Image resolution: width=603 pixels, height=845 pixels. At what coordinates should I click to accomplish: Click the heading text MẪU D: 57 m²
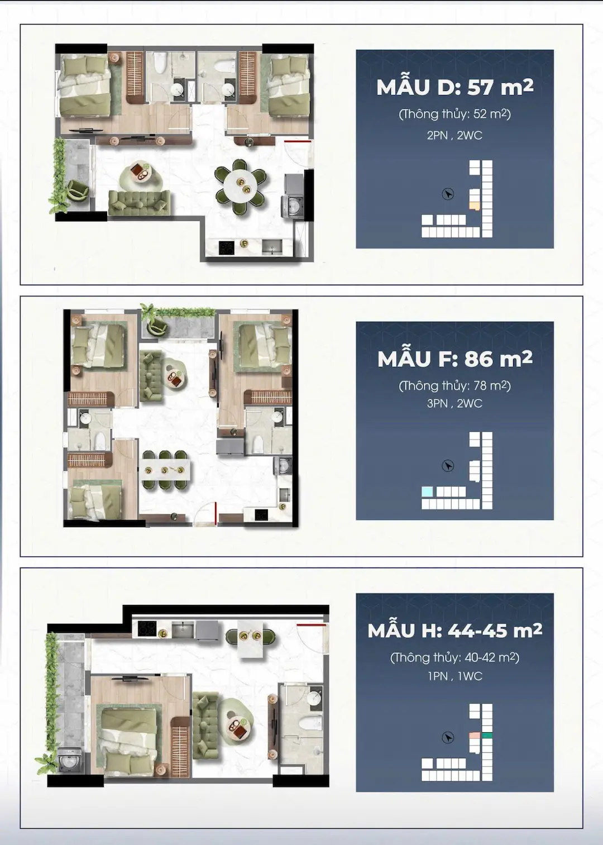click(455, 87)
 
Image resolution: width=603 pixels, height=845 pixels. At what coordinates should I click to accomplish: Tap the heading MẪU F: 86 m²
click(455, 359)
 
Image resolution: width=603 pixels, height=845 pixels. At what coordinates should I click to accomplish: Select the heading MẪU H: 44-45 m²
click(455, 631)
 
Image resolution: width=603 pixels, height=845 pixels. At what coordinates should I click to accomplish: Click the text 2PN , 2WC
click(455, 135)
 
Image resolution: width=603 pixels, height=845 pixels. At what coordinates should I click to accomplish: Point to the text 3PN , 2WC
click(455, 403)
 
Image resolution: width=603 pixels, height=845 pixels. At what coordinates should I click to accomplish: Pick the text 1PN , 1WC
click(455, 676)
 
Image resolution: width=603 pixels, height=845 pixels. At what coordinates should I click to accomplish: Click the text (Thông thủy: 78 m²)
click(455, 385)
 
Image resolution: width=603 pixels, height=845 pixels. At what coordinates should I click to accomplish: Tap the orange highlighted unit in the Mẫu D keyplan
click(475, 206)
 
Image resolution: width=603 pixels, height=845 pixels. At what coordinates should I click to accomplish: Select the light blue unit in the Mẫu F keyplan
click(427, 491)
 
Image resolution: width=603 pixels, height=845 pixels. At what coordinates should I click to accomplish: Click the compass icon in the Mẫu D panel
click(448, 194)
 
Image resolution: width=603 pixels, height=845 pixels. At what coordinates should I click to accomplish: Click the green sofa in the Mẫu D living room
click(139, 203)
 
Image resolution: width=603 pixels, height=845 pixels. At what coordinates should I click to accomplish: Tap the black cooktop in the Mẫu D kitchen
click(227, 247)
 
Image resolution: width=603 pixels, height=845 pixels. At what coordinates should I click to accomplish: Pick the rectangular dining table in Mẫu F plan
click(166, 470)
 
